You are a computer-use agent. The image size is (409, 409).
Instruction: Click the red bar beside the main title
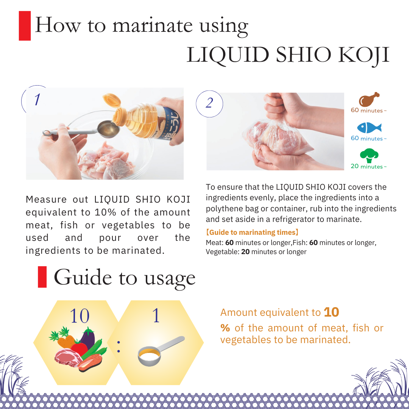(x=25, y=26)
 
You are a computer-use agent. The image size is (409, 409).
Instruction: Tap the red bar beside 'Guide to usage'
(x=42, y=277)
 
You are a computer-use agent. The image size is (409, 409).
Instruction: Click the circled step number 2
(x=209, y=103)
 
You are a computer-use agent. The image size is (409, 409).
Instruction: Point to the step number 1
(x=37, y=99)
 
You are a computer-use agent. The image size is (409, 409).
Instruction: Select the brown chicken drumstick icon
(x=369, y=99)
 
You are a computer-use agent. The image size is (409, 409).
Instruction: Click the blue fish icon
(x=369, y=128)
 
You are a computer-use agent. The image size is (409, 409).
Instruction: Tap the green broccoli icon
(x=369, y=156)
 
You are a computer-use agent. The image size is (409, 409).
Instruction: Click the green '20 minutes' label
(x=368, y=166)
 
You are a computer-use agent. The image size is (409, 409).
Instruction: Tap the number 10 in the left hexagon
(x=80, y=316)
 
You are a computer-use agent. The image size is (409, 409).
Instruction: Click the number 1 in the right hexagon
(x=156, y=315)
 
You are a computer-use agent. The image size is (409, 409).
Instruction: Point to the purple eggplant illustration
(x=87, y=339)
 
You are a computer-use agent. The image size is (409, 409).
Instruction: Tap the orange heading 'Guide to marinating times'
(x=252, y=233)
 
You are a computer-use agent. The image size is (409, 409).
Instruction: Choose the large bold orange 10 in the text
(x=331, y=312)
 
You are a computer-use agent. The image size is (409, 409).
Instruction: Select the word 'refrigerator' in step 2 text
(x=293, y=219)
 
